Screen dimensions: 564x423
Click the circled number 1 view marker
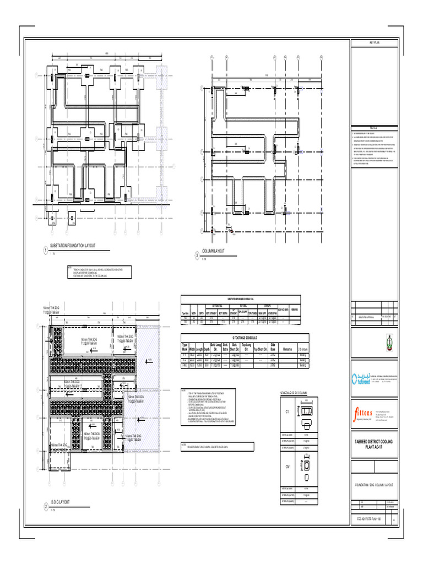(x=45, y=251)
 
